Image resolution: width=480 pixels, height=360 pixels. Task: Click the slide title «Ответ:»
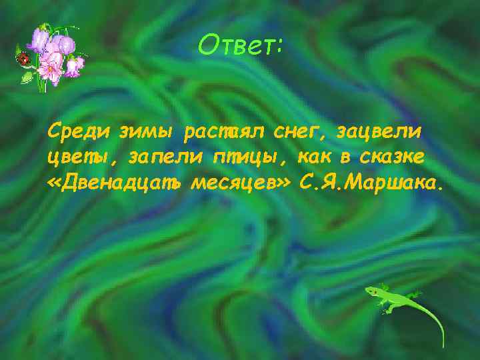241,45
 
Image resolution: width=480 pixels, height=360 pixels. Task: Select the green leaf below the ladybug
27,77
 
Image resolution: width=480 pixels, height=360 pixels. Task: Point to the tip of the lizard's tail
441,345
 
